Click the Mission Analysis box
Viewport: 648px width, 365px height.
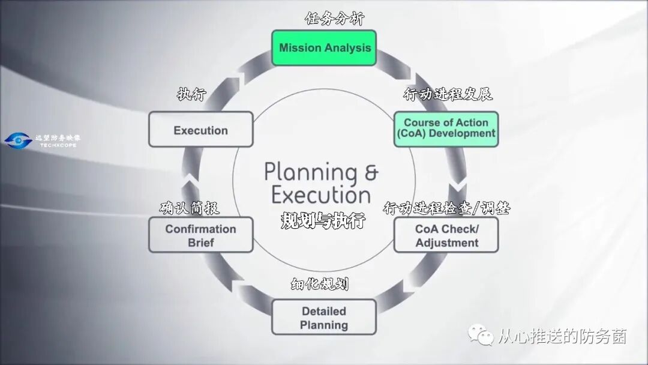[324, 48]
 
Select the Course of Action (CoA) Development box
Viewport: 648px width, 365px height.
[446, 128]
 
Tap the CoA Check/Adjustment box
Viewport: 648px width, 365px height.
[446, 235]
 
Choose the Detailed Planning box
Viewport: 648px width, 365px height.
[324, 317]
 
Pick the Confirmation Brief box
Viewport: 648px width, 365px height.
[200, 235]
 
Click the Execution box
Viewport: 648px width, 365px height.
[200, 130]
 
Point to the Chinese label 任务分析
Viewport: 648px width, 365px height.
[334, 19]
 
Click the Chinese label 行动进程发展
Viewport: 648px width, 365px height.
[448, 95]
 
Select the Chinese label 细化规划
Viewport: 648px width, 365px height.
[320, 283]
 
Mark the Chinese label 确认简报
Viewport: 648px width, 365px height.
[189, 208]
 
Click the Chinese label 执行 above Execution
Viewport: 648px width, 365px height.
[191, 94]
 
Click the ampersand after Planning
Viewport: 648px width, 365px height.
[371, 172]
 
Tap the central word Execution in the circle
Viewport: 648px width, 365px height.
[321, 195]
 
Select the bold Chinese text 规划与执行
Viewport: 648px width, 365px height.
[323, 220]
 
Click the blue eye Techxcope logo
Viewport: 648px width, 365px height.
[18, 141]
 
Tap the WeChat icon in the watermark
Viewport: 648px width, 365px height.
[482, 336]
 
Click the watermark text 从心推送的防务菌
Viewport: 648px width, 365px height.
[562, 337]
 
